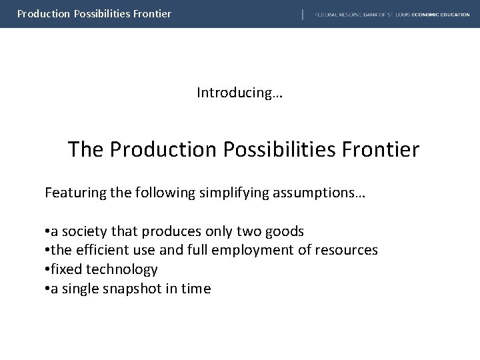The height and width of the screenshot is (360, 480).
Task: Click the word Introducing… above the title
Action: pos(239,93)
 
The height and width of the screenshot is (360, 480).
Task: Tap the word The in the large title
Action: pos(85,149)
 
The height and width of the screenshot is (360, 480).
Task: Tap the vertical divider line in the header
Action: pos(303,14)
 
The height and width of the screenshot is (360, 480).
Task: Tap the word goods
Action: pos(286,231)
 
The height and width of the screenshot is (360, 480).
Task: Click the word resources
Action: pos(347,250)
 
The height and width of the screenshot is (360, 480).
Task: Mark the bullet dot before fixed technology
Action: pos(47,270)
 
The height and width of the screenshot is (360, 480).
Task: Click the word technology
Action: pos(123,269)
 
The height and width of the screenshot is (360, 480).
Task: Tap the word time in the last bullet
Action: pos(195,289)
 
